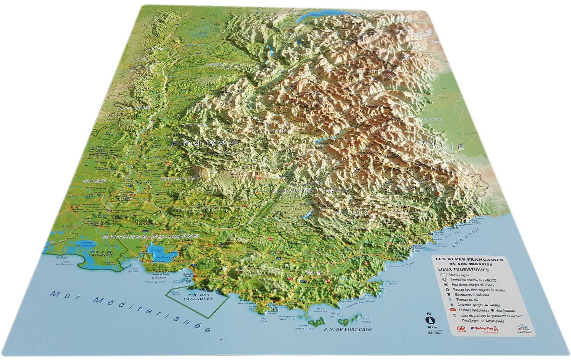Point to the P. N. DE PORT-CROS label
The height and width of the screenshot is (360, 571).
tap(348, 329)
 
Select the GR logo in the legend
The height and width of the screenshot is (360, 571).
tap(462, 328)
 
